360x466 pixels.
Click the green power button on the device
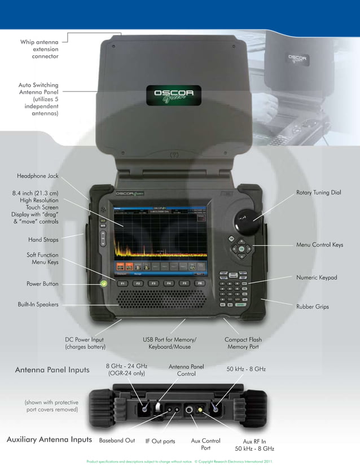104,282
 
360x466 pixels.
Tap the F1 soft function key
121,283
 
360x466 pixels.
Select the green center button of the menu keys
241,248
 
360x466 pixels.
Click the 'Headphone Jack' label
38,176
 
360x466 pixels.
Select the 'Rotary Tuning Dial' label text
319,193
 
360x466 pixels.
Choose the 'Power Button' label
42,284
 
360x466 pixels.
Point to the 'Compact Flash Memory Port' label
243,343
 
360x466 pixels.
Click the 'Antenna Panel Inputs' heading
52,371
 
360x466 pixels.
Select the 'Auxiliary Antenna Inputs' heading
49,439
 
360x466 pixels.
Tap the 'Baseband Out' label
117,441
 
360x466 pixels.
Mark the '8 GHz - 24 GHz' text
126,366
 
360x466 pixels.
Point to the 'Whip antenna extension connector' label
39,49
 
